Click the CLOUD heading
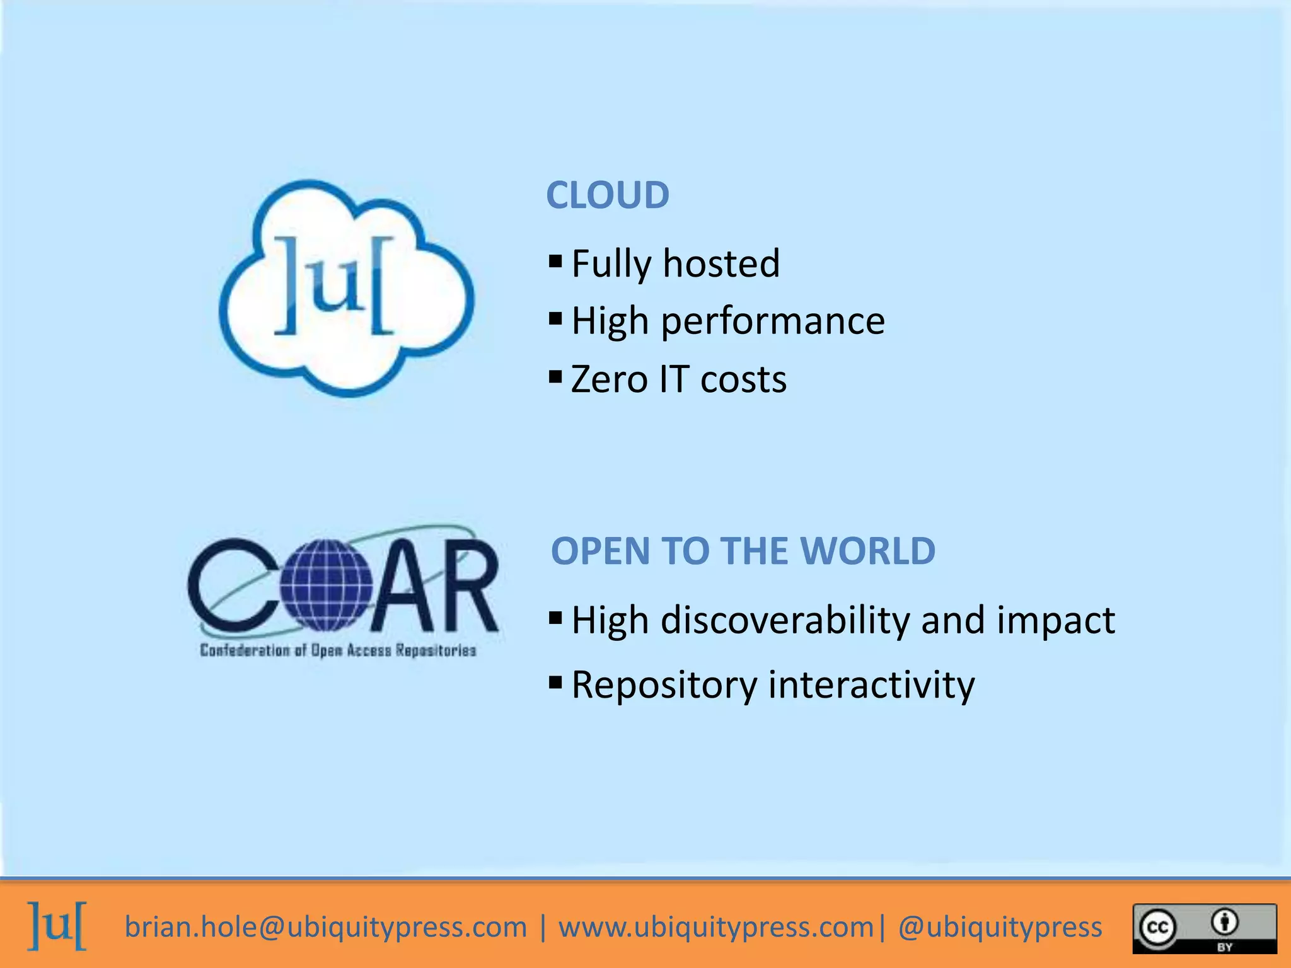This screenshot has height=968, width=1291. point(607,195)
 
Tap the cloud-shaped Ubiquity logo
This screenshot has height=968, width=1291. point(346,289)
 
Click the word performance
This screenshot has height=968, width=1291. point(772,321)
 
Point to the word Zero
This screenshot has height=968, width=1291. point(609,379)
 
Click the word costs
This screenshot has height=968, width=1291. point(743,379)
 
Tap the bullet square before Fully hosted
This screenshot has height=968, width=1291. point(555,260)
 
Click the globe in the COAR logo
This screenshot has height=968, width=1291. point(327,585)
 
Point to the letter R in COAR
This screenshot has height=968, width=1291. point(467,586)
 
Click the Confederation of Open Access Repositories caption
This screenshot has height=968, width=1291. point(338,650)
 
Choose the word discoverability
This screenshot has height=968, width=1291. point(785,620)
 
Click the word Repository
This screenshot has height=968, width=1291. point(664,685)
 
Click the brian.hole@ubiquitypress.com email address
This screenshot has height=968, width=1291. point(325,927)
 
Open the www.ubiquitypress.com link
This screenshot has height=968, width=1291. point(716,927)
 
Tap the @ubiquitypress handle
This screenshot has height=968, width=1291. point(1000,927)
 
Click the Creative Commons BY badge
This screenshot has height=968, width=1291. point(1205,928)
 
